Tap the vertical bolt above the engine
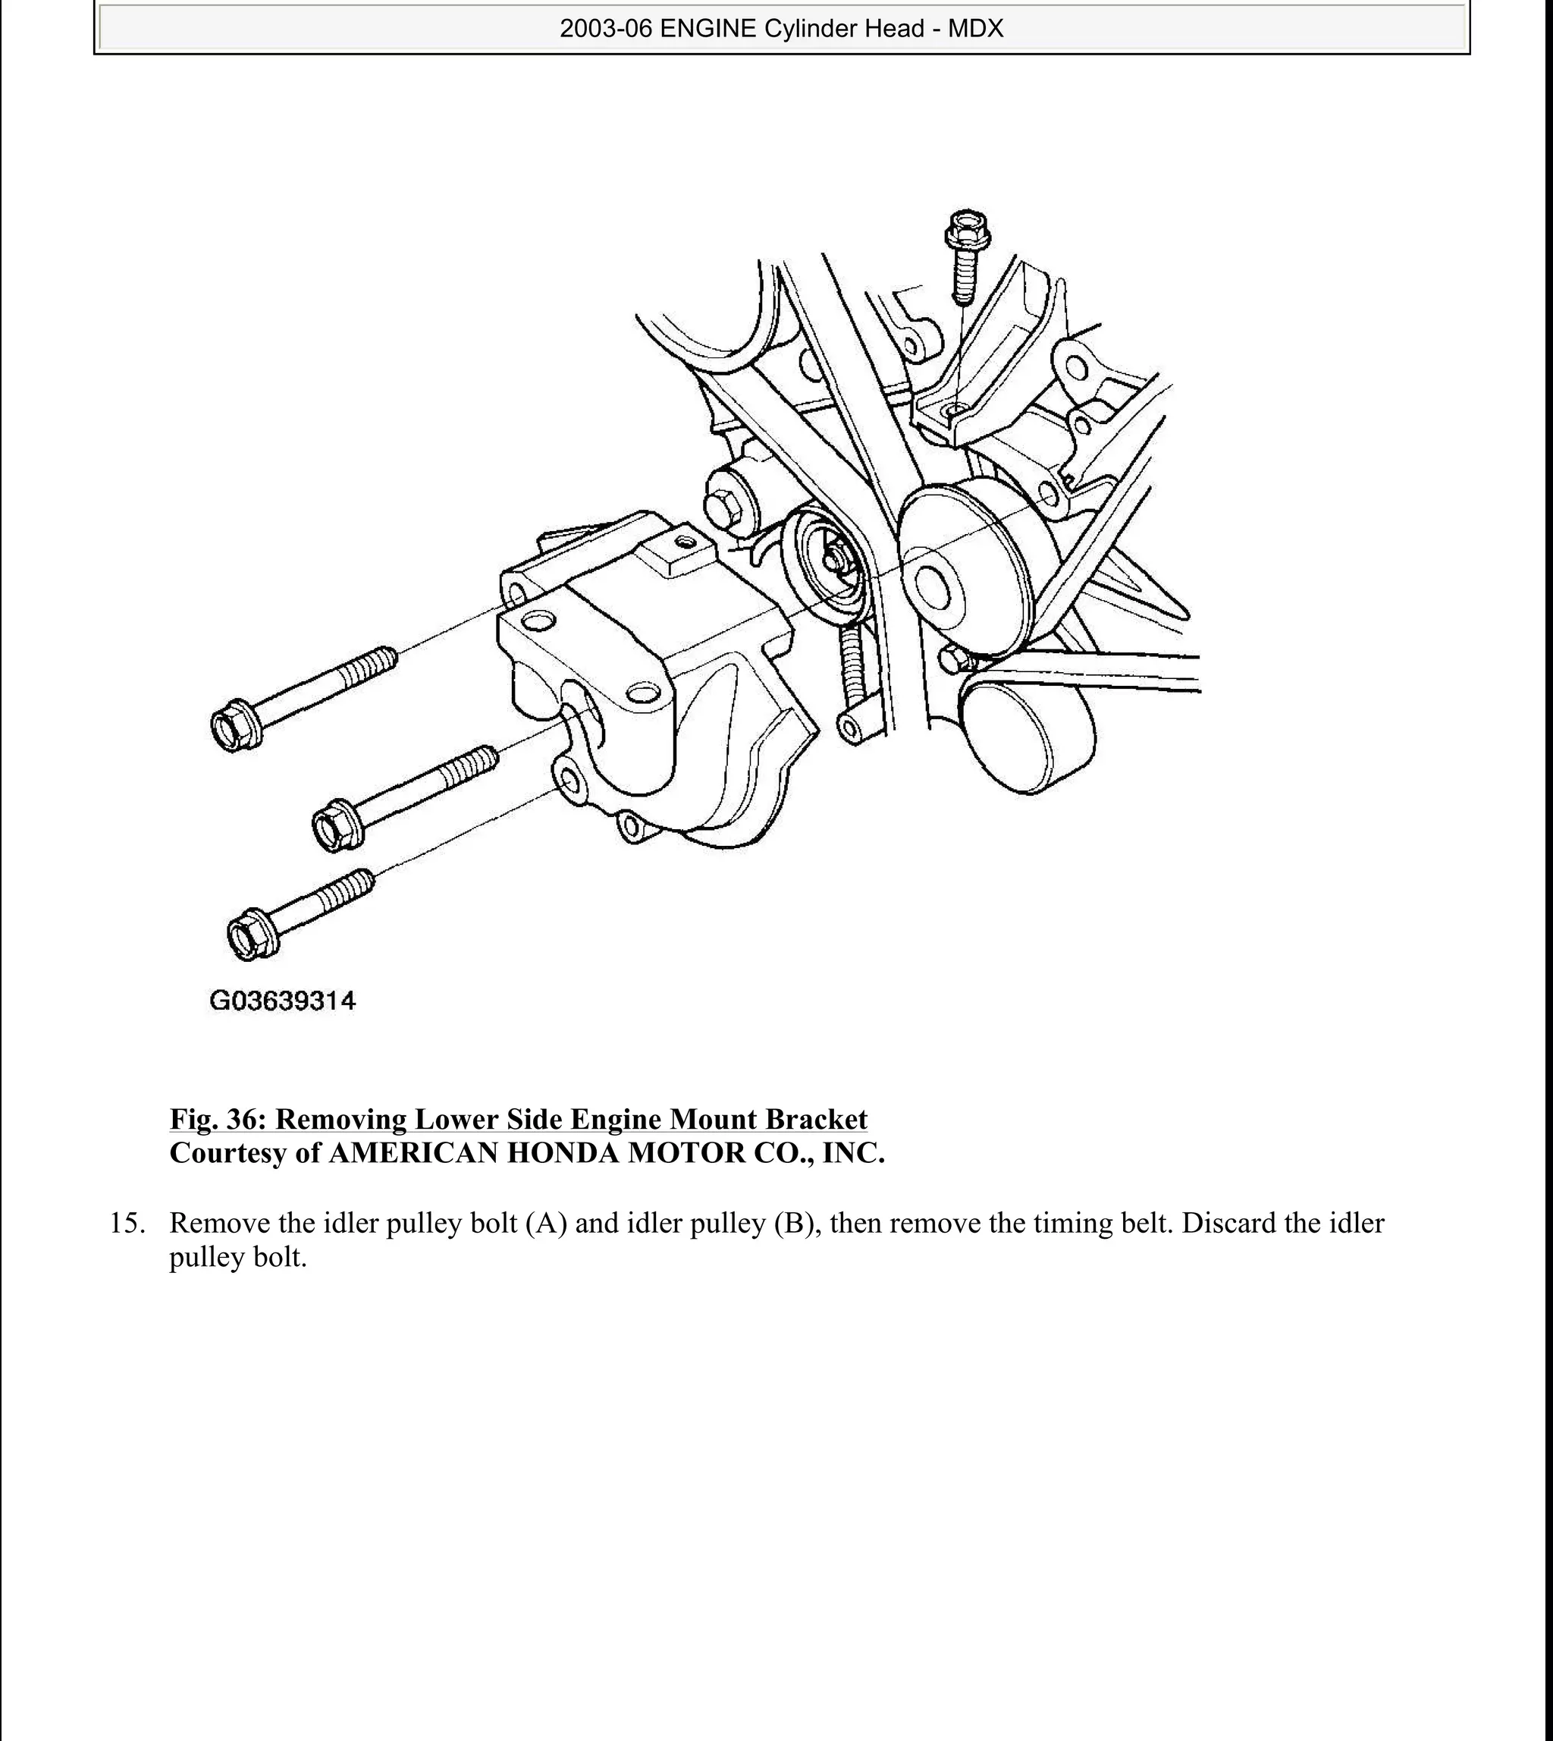click(965, 256)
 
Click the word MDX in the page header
click(975, 29)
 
